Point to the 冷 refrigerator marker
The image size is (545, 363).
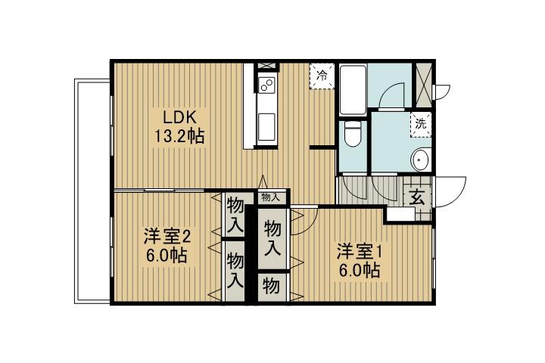(x=322, y=76)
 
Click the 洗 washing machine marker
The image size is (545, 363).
(x=420, y=124)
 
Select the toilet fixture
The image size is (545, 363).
(x=351, y=137)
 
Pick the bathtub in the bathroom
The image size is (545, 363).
(x=353, y=90)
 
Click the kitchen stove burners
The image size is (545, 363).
(x=266, y=85)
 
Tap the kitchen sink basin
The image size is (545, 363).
(x=266, y=124)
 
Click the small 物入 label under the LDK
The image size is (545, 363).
(x=270, y=197)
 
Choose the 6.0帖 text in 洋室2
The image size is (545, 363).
(x=168, y=255)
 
